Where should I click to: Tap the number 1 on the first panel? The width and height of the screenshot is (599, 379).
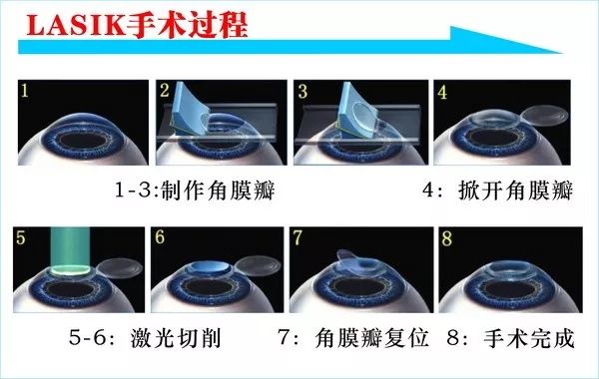[28, 94]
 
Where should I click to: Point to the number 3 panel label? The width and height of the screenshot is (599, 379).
[301, 93]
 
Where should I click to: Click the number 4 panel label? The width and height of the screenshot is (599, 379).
[442, 93]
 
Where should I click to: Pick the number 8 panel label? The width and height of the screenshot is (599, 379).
[445, 240]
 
